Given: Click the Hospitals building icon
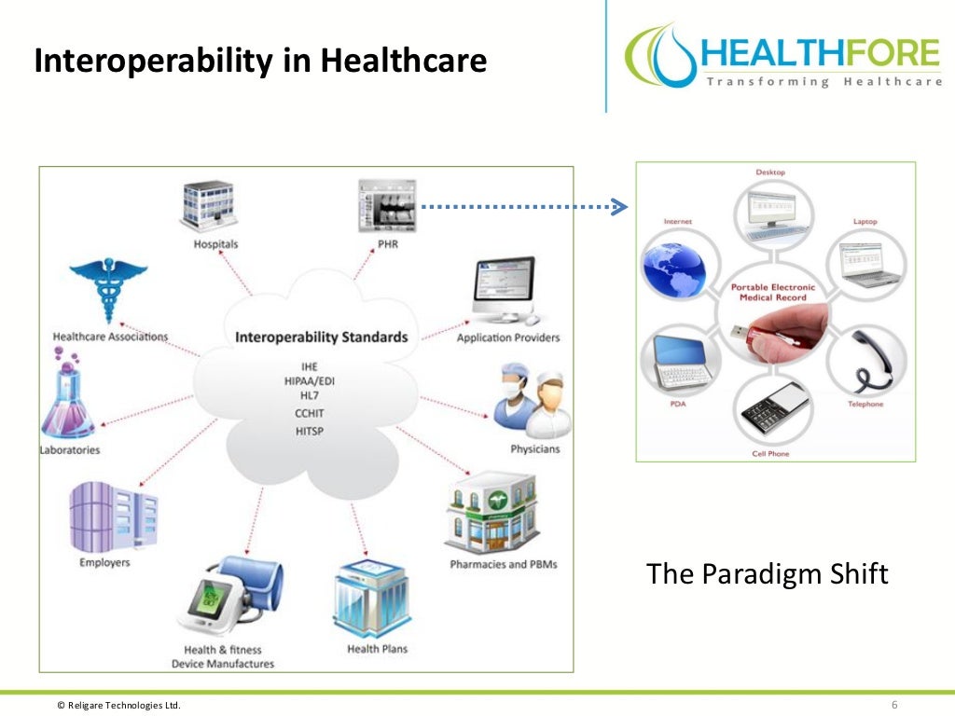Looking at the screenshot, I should (207, 206).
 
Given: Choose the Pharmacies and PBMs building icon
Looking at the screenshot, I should (491, 514).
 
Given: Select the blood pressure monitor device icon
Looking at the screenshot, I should (229, 597).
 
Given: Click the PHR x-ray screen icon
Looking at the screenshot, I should (386, 206).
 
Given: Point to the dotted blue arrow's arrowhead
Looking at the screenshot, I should (617, 206).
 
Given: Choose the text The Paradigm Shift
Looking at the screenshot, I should (768, 573).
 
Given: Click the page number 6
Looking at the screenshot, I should (893, 704).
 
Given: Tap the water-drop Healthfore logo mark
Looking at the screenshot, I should (663, 56).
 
